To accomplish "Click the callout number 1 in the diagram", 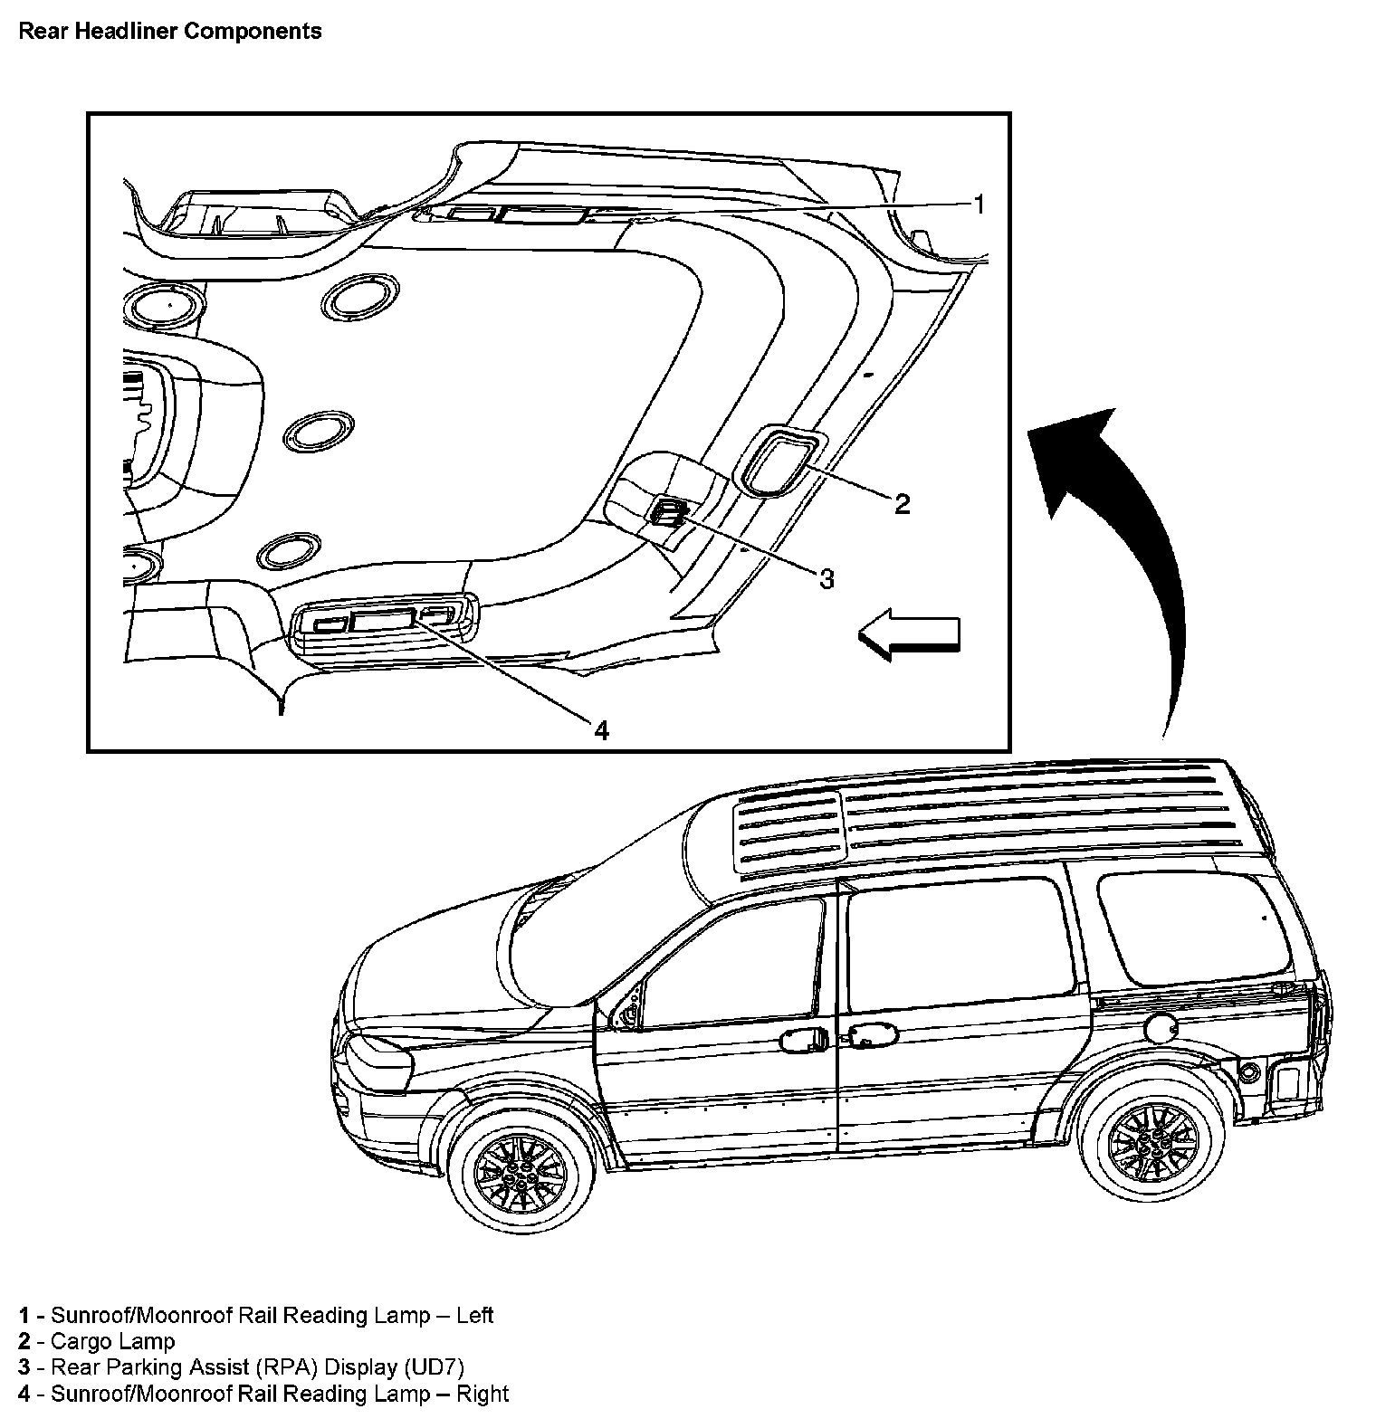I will (x=978, y=205).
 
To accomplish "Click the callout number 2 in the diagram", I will (x=902, y=503).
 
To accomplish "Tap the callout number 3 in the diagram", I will (x=826, y=578).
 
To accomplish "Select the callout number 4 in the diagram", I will (x=601, y=728).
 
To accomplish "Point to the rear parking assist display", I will (x=668, y=514).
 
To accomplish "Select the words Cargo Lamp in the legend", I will (x=112, y=1341).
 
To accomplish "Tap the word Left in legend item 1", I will (x=474, y=1315).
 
